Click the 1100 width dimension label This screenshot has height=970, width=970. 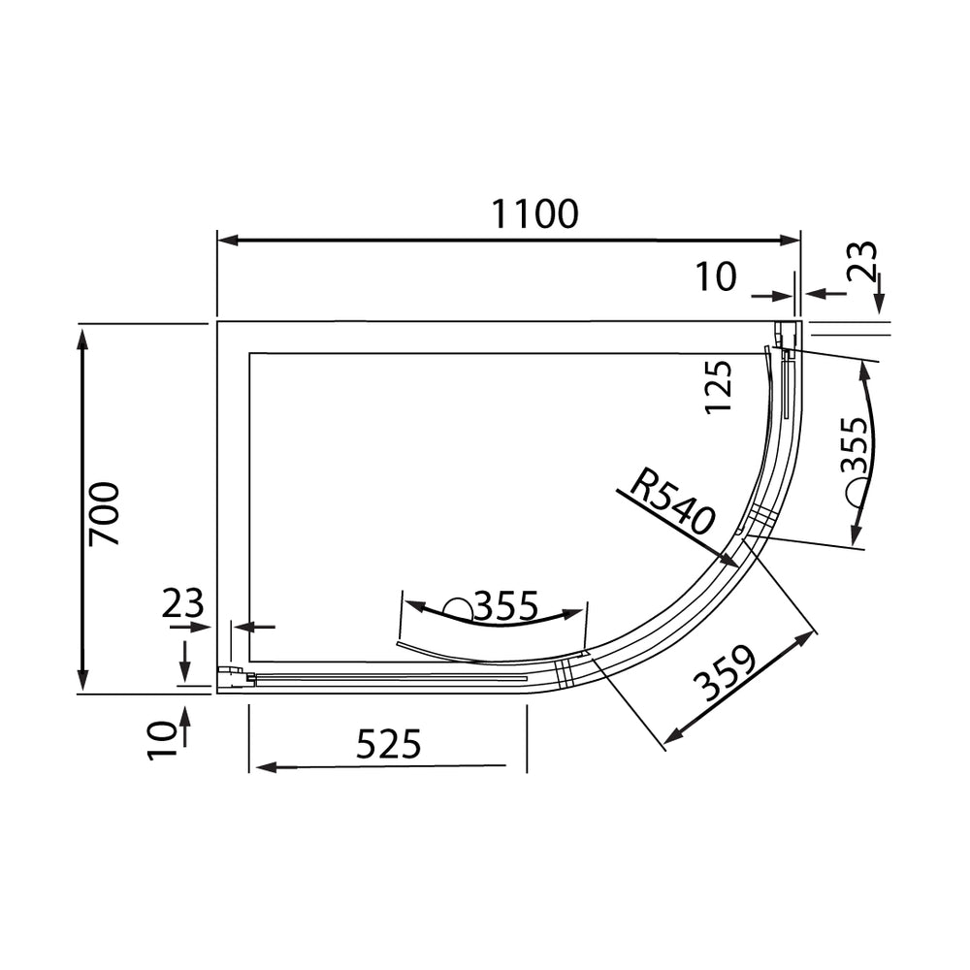coord(535,214)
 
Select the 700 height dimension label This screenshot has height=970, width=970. coord(104,514)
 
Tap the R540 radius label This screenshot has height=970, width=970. coord(671,501)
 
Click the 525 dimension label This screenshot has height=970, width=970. coord(389,744)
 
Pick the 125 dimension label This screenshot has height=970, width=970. coord(718,387)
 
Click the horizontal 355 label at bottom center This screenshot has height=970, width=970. coord(506,606)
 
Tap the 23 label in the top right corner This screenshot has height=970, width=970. coord(863,260)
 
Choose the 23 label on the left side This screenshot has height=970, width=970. coord(182,603)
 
